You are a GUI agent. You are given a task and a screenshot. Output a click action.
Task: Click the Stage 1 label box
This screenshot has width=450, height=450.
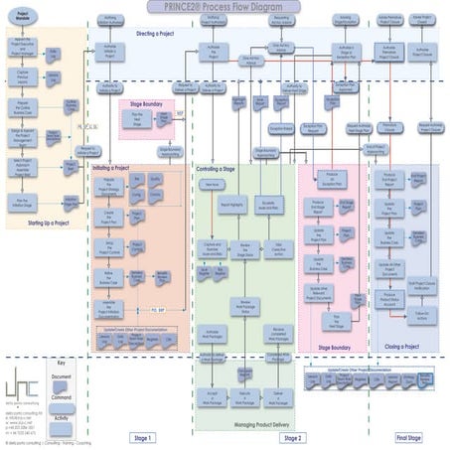(x=143, y=438)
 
